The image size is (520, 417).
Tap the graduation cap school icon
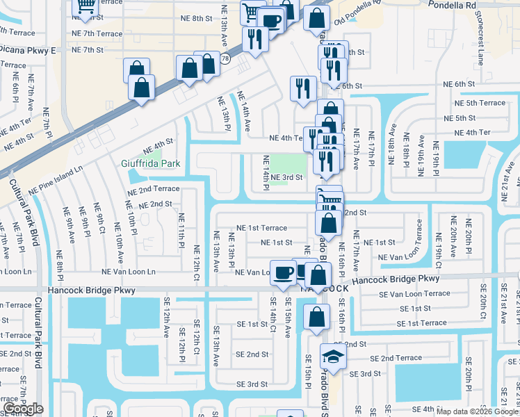pyautogui.click(x=330, y=358)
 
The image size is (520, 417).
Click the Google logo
pyautogui.click(x=24, y=408)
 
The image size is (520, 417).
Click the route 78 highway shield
pyautogui.click(x=225, y=60)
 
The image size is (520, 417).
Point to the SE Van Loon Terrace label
pyautogui.click(x=414, y=294)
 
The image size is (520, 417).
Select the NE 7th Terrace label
pyautogui.click(x=97, y=33)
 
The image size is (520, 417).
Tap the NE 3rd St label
pyautogui.click(x=286, y=177)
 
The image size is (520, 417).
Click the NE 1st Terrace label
pyautogui.click(x=261, y=228)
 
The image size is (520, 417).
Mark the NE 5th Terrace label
pyautogui.click(x=480, y=103)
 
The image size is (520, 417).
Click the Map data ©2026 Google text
pyautogui.click(x=477, y=411)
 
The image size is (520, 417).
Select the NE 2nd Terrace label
pyautogui.click(x=153, y=189)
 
